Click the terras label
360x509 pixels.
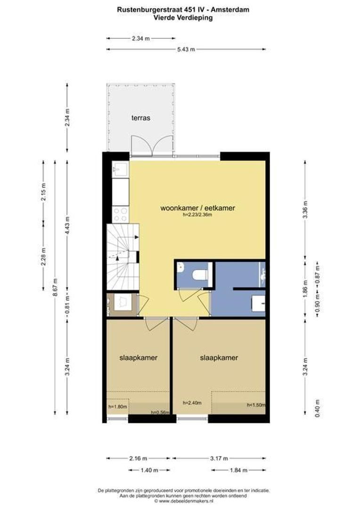(140, 118)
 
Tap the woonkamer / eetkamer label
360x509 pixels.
(197, 207)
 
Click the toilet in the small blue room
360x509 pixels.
(200, 274)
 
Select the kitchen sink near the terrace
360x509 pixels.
(121, 169)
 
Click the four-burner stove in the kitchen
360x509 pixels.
(121, 214)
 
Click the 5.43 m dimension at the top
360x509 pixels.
(186, 49)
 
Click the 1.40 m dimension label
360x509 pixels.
(149, 470)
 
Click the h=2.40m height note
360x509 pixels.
(192, 403)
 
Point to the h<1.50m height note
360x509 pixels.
(256, 405)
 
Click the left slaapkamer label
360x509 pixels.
(138, 358)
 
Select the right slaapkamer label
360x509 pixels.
(219, 358)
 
